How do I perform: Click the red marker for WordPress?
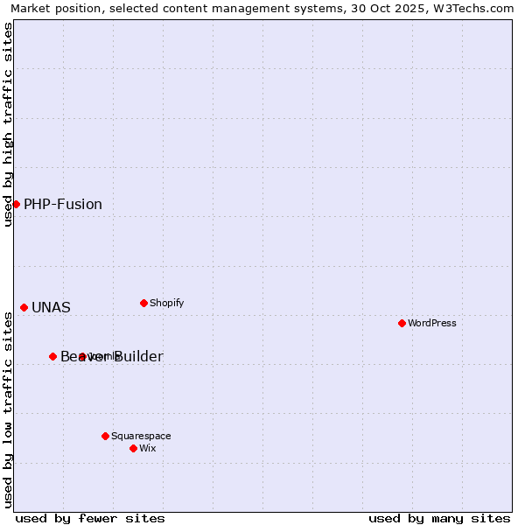click(x=402, y=323)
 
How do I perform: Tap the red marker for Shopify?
click(x=143, y=303)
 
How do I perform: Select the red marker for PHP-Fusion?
click(x=16, y=204)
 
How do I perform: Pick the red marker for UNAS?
click(x=24, y=307)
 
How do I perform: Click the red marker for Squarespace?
click(x=105, y=436)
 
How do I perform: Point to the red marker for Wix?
click(x=133, y=448)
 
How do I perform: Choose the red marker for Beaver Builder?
click(x=52, y=356)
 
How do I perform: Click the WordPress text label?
click(x=432, y=323)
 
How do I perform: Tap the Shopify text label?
click(x=167, y=303)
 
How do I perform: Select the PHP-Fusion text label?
click(x=63, y=205)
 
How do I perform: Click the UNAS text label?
click(x=51, y=308)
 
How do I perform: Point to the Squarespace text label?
click(x=141, y=436)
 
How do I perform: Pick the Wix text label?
click(x=148, y=448)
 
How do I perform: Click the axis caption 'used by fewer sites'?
click(x=90, y=518)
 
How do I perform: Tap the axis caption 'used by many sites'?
click(x=439, y=518)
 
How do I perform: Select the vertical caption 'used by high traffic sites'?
click(x=8, y=124)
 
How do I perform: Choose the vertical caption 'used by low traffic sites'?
click(x=8, y=409)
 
